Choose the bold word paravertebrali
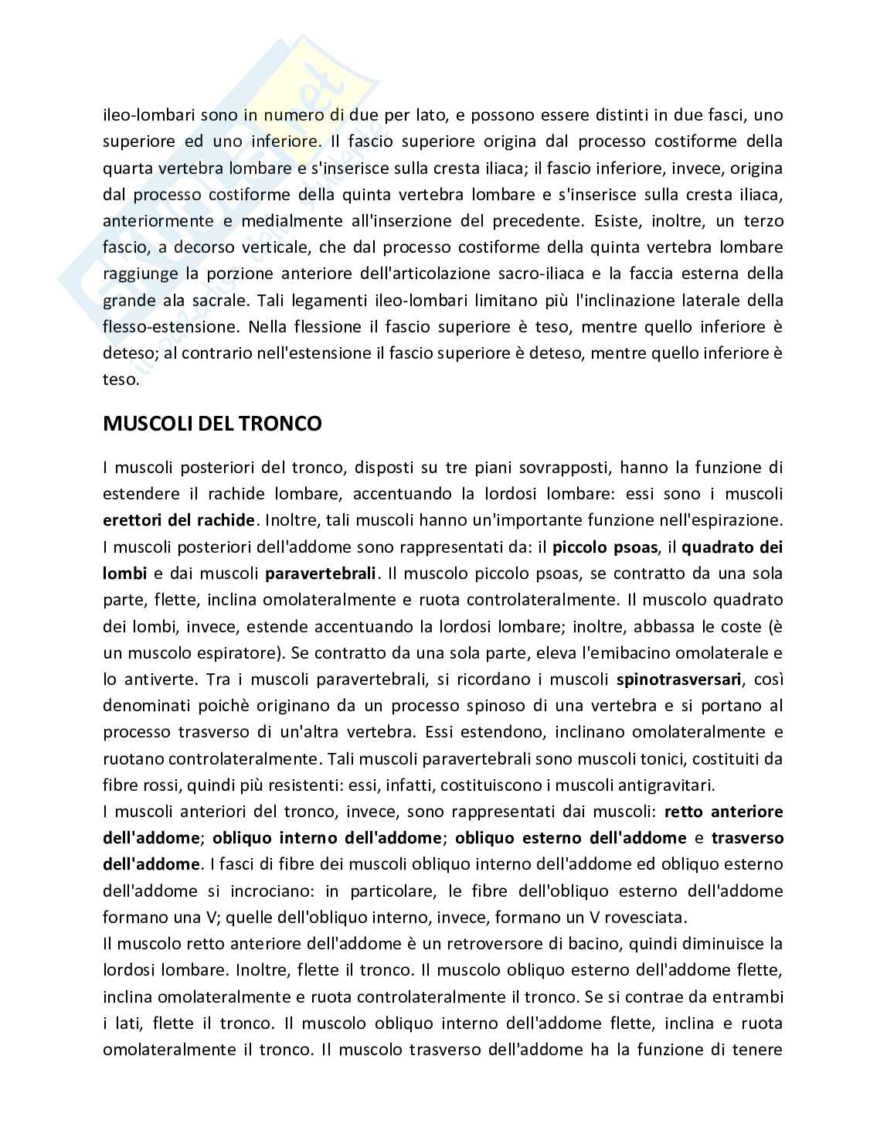click(321, 574)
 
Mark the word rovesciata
click(647, 917)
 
